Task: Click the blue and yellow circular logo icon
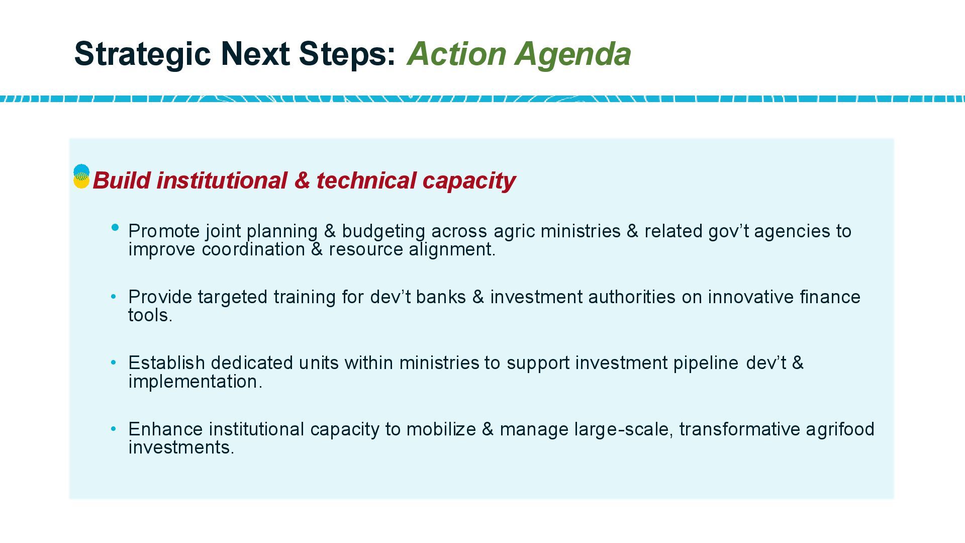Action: point(81,176)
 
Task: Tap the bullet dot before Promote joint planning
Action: point(115,228)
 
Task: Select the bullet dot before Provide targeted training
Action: point(114,297)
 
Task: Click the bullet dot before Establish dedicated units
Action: point(114,363)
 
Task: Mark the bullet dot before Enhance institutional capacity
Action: point(114,429)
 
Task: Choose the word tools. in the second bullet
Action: point(150,315)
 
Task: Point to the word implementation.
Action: point(196,382)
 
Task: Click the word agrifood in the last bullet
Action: point(840,429)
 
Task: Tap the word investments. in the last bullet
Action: point(181,447)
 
